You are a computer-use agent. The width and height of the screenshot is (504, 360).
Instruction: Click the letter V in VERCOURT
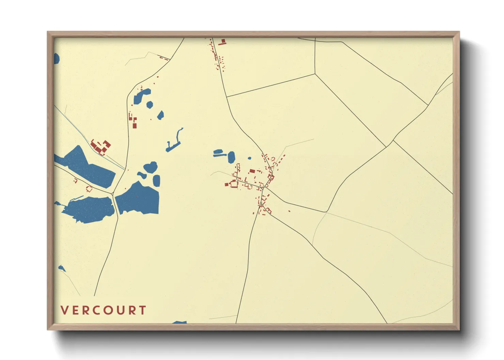64,310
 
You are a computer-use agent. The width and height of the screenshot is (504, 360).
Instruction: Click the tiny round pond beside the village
250,158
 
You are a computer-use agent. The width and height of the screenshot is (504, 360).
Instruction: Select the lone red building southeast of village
289,211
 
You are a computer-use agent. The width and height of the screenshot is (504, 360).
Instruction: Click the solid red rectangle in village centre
252,171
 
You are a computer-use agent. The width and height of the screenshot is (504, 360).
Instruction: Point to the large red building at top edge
223,42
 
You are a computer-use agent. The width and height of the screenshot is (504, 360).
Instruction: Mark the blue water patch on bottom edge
180,322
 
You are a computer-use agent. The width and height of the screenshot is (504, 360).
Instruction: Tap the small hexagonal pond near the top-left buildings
149,104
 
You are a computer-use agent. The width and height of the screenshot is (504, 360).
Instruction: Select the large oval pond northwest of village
231,157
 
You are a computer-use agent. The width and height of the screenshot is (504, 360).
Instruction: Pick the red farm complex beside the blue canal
101,147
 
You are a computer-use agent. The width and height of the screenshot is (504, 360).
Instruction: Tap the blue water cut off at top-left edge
56,59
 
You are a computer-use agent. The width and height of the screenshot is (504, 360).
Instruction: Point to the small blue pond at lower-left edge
61,268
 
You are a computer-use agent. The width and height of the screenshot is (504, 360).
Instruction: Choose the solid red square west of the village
226,184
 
